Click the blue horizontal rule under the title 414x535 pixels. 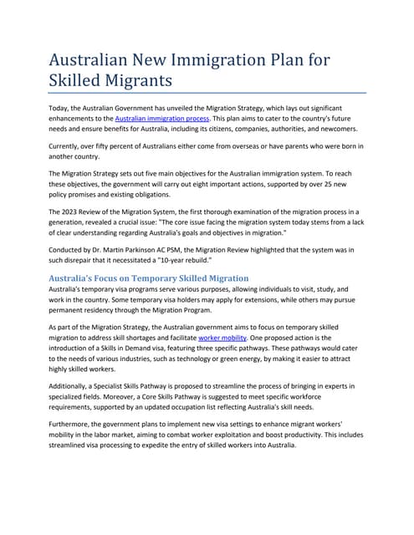[x=207, y=93]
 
